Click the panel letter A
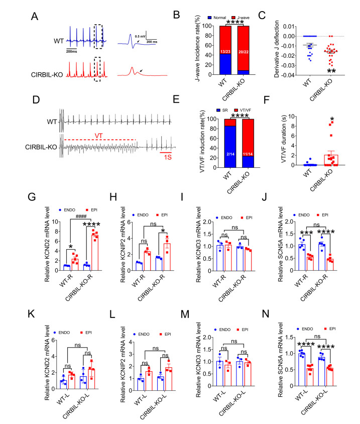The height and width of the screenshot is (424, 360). (x=34, y=16)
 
